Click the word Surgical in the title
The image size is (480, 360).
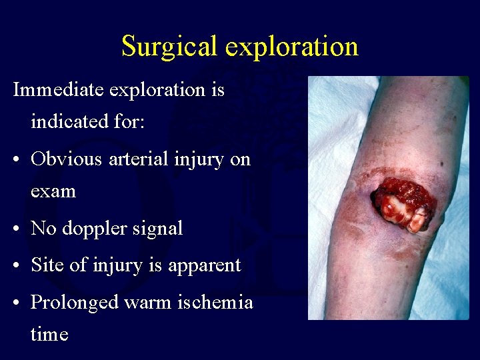(170, 47)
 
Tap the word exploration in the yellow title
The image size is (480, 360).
(292, 47)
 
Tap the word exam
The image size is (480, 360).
(53, 191)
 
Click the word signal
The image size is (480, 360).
(159, 229)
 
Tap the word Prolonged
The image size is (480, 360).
(78, 303)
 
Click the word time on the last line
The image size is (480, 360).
(49, 333)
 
